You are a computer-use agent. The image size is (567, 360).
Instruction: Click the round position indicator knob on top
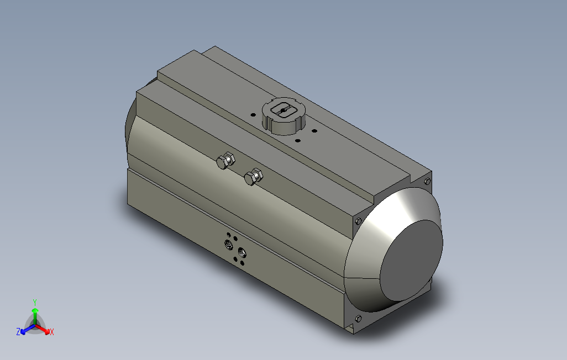[283, 116]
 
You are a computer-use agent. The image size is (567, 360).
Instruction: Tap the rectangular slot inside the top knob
[283, 110]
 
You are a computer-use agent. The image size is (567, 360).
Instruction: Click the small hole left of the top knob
[253, 114]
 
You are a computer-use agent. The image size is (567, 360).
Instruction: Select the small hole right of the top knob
[313, 131]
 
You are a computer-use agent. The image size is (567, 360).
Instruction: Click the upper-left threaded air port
[228, 243]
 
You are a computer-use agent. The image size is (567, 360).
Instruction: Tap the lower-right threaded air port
[242, 253]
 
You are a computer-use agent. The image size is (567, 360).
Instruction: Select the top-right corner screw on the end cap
[427, 181]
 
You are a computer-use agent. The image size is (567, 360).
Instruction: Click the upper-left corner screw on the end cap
[359, 221]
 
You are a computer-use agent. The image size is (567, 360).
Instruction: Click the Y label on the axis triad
[34, 302]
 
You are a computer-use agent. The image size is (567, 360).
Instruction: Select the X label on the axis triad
[51, 332]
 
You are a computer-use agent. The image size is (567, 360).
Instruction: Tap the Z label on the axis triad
[18, 332]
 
